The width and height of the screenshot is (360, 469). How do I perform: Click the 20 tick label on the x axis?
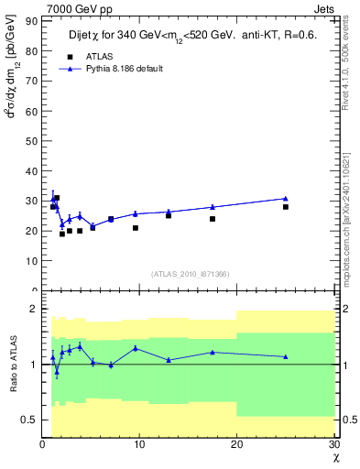pyautogui.click(x=236, y=444)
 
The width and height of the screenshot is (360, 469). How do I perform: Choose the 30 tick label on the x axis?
pyautogui.click(x=333, y=444)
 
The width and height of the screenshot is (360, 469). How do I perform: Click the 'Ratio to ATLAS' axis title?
pyautogui.click(x=14, y=364)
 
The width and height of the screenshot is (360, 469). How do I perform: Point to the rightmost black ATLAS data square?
pyautogui.click(x=286, y=207)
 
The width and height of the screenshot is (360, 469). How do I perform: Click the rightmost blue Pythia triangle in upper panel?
pyautogui.click(x=286, y=198)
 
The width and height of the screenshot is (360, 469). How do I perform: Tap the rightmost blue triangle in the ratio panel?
pyautogui.click(x=286, y=356)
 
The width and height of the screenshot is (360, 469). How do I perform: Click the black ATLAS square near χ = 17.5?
pyautogui.click(x=213, y=219)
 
